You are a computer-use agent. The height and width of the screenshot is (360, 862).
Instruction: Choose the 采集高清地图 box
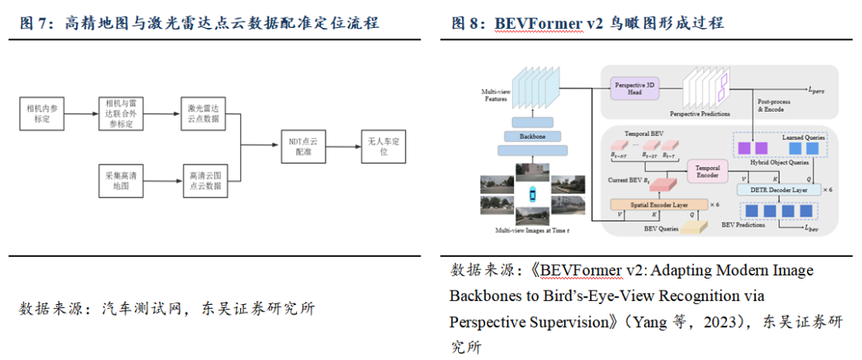tap(121, 179)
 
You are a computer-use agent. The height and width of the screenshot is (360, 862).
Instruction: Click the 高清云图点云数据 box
tap(203, 179)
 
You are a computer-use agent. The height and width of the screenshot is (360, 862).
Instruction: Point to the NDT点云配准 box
tap(302, 146)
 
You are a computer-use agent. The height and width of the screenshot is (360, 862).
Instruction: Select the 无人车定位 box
tap(382, 146)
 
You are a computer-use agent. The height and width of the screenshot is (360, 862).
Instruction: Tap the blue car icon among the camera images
tap(531, 194)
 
